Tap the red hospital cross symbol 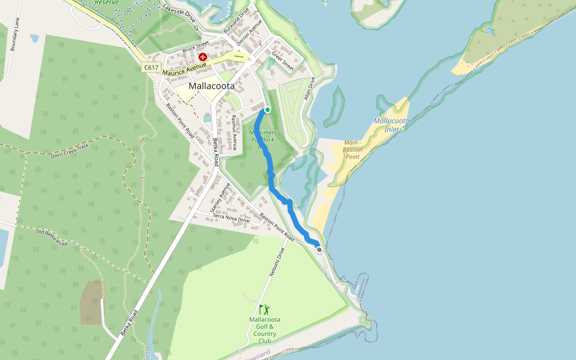coord(203,57)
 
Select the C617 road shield coord(151,67)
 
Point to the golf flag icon coord(264,310)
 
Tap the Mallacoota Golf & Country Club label coord(264,330)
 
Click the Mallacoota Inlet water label coord(392,125)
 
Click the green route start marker coord(268,110)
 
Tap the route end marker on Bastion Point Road coord(319,250)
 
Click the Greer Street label coord(283,61)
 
